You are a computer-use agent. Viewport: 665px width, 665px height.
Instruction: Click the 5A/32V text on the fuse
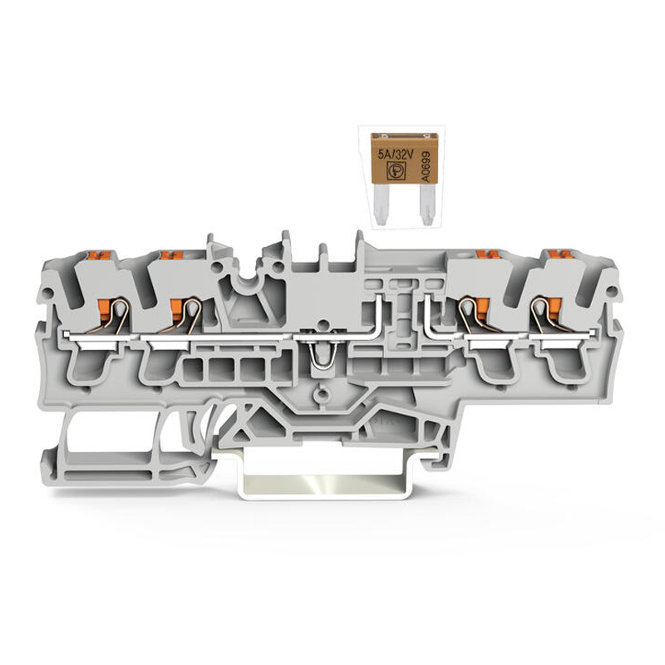pos(396,155)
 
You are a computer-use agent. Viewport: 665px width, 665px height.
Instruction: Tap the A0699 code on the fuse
pos(426,166)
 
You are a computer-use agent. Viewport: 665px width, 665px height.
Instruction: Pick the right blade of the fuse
pos(426,204)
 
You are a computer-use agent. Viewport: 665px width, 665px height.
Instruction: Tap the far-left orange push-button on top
pos(99,255)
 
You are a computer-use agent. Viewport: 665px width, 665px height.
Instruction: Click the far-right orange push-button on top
pos(560,254)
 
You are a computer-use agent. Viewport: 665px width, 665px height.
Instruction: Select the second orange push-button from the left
pos(172,255)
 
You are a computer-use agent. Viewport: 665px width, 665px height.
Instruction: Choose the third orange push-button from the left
pos(488,254)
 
